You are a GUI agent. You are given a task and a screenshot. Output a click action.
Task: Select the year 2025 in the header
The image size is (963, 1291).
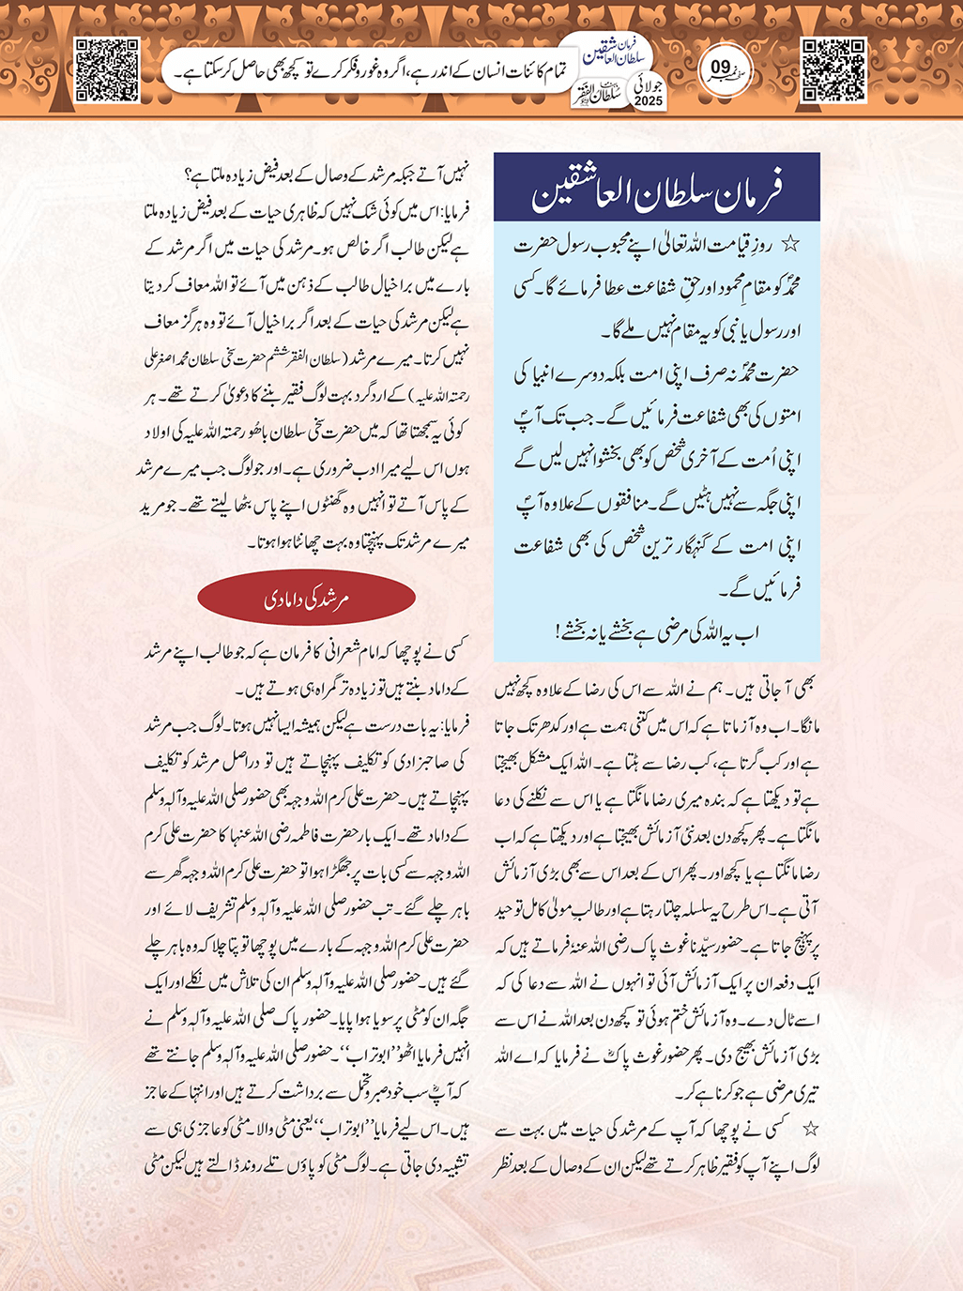tap(648, 100)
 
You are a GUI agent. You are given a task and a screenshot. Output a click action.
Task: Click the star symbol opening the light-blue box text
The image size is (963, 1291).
tap(791, 245)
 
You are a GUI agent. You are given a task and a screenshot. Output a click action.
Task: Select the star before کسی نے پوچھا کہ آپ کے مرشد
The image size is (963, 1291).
tap(811, 1129)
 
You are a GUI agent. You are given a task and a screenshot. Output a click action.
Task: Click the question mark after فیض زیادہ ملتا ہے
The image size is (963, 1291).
tap(190, 175)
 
